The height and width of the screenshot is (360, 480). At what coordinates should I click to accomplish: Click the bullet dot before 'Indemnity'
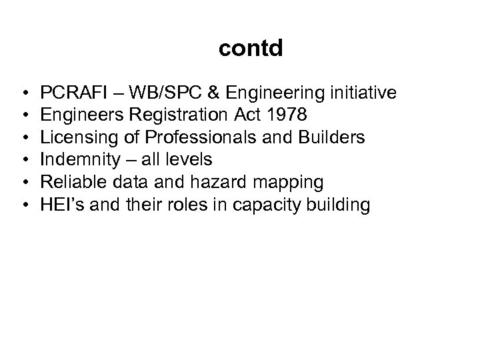24,159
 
